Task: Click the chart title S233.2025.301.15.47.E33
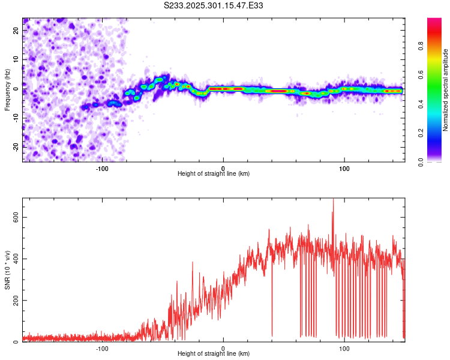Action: pos(214,5)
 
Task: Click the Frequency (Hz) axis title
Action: pos(7,90)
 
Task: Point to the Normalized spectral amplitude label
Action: pos(445,90)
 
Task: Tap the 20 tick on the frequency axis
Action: pos(16,31)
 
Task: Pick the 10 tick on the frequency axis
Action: pos(16,59)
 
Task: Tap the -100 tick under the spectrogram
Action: pos(102,167)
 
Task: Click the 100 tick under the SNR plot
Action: pos(344,348)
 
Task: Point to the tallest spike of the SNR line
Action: pos(333,200)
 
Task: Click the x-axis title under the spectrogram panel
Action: pos(214,174)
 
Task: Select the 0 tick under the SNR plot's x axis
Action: pos(223,348)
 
